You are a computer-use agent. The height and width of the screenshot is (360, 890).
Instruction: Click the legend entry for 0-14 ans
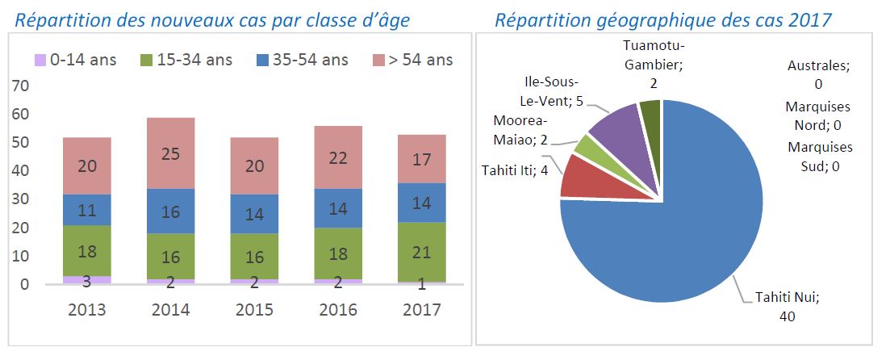72,59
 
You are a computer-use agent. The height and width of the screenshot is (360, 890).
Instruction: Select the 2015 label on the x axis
254,309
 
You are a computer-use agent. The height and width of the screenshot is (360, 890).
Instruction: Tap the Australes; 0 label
817,74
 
